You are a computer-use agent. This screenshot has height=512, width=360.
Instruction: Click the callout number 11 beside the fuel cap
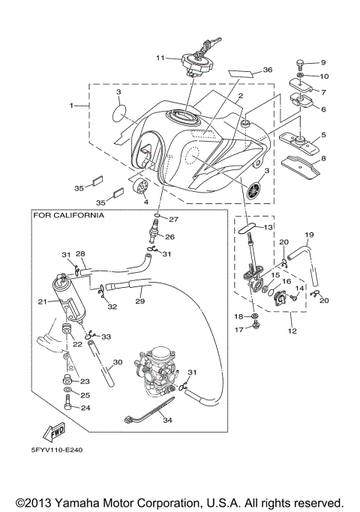pos(160,58)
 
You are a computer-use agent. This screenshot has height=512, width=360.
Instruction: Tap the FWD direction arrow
pos(53,432)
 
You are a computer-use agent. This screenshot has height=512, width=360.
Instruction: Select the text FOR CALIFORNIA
pos(68,214)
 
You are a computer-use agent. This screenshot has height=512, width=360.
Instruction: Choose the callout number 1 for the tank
pos(73,106)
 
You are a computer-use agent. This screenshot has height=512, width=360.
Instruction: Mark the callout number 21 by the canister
pos(42,301)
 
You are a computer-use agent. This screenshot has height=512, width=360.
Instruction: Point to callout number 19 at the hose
pos(309,235)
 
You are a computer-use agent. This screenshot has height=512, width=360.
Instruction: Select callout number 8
pos(324,159)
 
